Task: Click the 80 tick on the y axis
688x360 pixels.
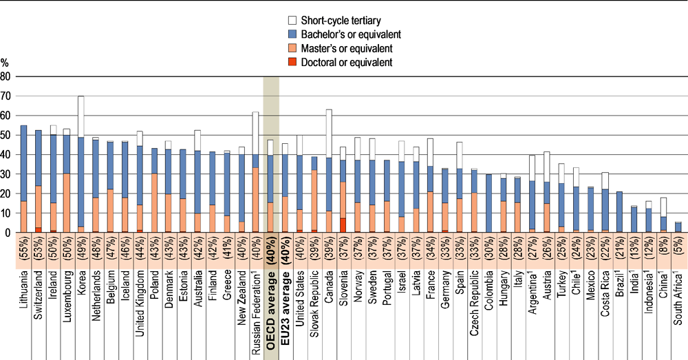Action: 6,77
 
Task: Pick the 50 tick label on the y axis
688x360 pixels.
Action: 6,136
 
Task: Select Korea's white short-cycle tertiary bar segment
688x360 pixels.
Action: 81,116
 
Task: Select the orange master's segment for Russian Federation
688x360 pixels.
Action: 255,200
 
